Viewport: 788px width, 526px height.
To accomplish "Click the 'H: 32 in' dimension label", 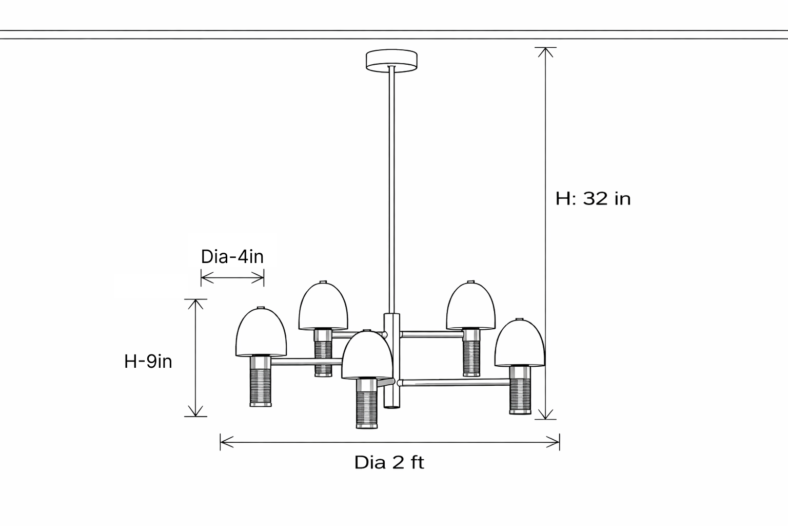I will coord(593,198).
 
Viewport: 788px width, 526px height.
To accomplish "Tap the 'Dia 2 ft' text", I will coord(389,462).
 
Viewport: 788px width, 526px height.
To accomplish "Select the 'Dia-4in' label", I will coord(232,256).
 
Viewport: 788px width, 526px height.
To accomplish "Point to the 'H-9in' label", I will coord(148,362).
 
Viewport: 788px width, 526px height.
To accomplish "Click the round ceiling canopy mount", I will coord(391,60).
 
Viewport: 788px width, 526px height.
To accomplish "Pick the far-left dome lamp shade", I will coord(261,334).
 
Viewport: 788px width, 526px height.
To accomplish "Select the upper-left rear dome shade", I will coord(323,307).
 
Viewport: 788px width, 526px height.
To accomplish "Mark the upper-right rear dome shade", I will coord(470,307).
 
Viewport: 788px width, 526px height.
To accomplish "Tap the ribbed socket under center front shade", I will coord(367,408).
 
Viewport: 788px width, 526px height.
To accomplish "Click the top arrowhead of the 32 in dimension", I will coord(545,52).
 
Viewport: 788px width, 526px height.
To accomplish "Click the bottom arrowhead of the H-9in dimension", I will coord(195,411).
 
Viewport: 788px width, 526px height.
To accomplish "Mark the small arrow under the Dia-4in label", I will coord(232,279).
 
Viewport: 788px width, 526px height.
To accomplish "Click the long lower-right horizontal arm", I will coord(454,382).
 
